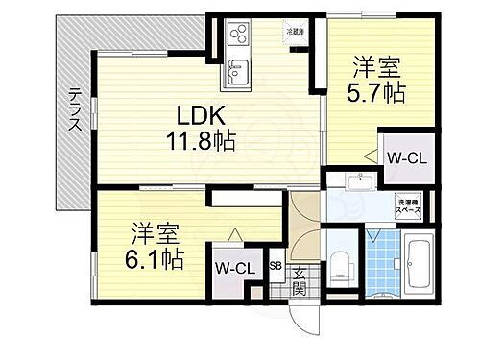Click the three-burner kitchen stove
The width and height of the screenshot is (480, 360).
point(236,37)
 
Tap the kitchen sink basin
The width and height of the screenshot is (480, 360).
point(236,70)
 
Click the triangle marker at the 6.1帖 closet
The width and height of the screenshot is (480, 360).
point(233,231)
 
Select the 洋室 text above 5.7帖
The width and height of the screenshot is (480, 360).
point(377,68)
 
